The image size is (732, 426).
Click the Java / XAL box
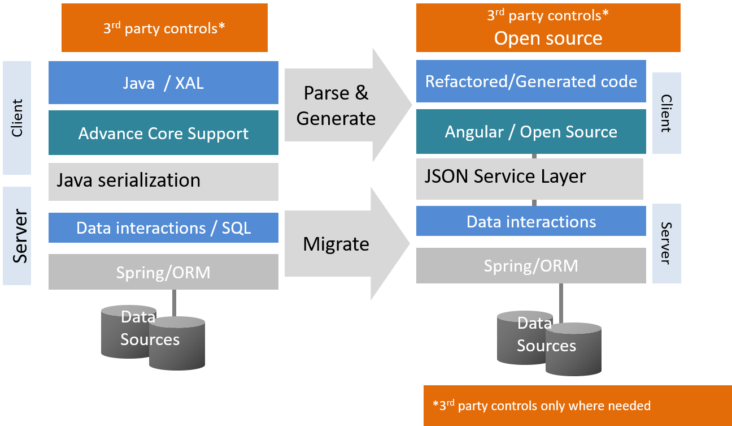[163, 83]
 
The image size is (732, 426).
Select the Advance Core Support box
[163, 133]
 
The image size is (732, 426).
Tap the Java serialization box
[163, 181]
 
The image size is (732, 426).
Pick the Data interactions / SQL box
[163, 228]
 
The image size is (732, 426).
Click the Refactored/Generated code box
[531, 81]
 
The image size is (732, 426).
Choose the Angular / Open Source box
[531, 132]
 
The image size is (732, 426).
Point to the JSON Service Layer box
[529, 177]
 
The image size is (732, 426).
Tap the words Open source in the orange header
[548, 38]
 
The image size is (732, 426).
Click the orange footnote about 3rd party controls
[577, 406]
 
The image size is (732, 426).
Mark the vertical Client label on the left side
[17, 118]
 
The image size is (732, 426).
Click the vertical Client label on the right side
[666, 113]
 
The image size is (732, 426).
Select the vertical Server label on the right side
[666, 243]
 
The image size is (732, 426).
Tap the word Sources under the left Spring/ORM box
[150, 339]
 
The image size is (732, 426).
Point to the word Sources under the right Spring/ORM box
[547, 346]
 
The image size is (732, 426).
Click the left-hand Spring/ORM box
[163, 273]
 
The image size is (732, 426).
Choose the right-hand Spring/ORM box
[531, 266]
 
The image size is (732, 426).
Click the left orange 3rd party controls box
[164, 28]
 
